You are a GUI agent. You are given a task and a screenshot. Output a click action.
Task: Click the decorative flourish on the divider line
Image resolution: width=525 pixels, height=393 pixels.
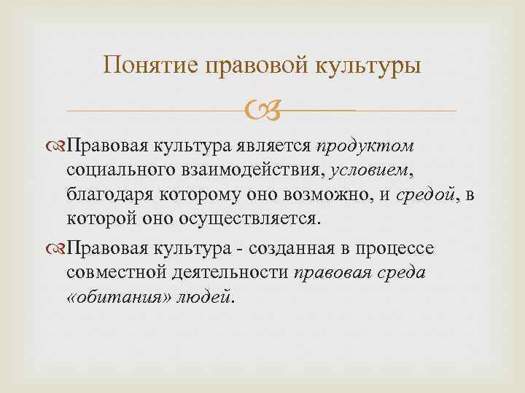(262, 111)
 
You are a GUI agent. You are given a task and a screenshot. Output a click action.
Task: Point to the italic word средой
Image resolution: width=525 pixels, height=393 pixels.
(427, 194)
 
